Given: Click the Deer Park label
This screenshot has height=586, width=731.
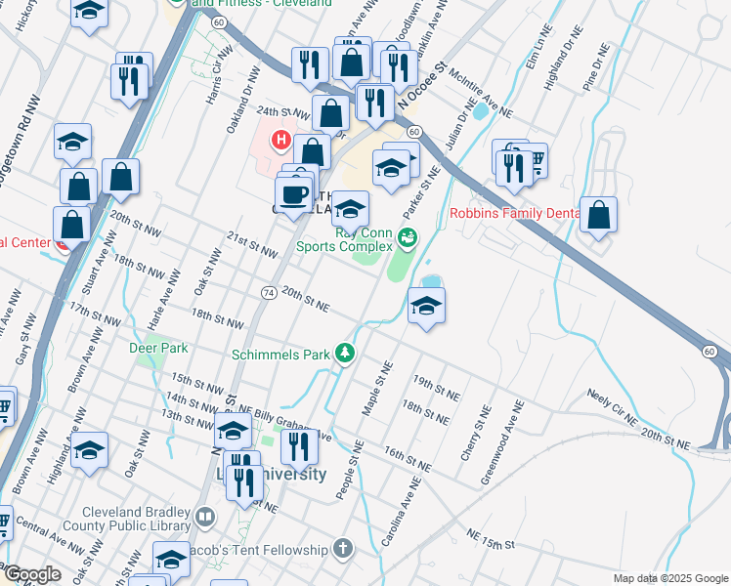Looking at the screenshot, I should point(157,348).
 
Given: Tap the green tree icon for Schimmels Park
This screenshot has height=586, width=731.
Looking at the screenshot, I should point(344,354).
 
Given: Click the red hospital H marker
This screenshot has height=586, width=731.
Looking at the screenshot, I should point(281,141).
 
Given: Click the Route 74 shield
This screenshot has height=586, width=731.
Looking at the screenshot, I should point(268,293).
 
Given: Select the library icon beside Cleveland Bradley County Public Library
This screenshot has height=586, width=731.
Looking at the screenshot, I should point(204,516).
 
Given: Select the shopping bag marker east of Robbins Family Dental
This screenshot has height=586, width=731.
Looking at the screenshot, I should point(598,215).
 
